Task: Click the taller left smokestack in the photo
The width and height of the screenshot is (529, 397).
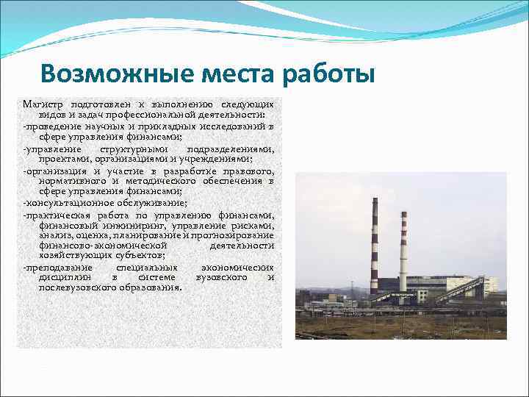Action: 375,243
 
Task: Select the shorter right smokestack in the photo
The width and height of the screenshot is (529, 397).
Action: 403,250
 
